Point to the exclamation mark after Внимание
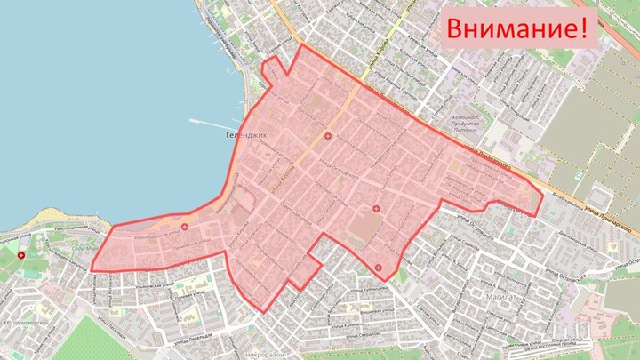pos(584,28)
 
